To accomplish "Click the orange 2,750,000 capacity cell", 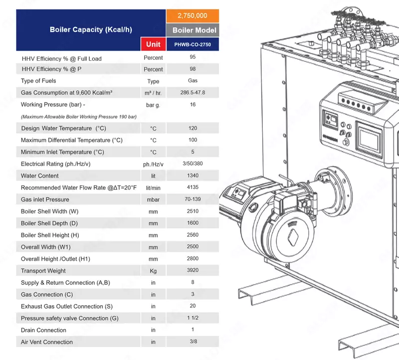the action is (193, 16).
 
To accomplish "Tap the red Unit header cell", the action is (153, 44).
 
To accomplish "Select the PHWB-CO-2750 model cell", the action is (193, 44).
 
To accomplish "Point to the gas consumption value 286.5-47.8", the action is (193, 93).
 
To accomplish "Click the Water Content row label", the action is (40, 176).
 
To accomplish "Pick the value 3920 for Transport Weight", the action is (193, 270).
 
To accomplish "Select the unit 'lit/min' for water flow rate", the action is (153, 188).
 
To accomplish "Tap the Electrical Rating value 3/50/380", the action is (193, 164).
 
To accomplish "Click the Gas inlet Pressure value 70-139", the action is (193, 199).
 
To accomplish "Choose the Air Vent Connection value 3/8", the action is (194, 342).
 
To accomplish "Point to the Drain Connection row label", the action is (43, 330).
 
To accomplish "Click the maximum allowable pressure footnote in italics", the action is (79, 117).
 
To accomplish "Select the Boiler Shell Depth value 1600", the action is (193, 223).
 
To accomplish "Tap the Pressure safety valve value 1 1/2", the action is (193, 318).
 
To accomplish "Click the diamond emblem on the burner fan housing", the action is (293, 237).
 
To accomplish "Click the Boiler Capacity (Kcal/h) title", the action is (91, 30).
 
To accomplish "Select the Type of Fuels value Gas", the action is (193, 81).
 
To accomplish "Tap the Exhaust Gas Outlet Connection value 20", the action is (193, 306).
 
